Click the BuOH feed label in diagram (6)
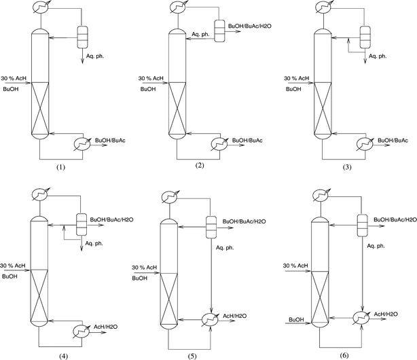click(x=296, y=319)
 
